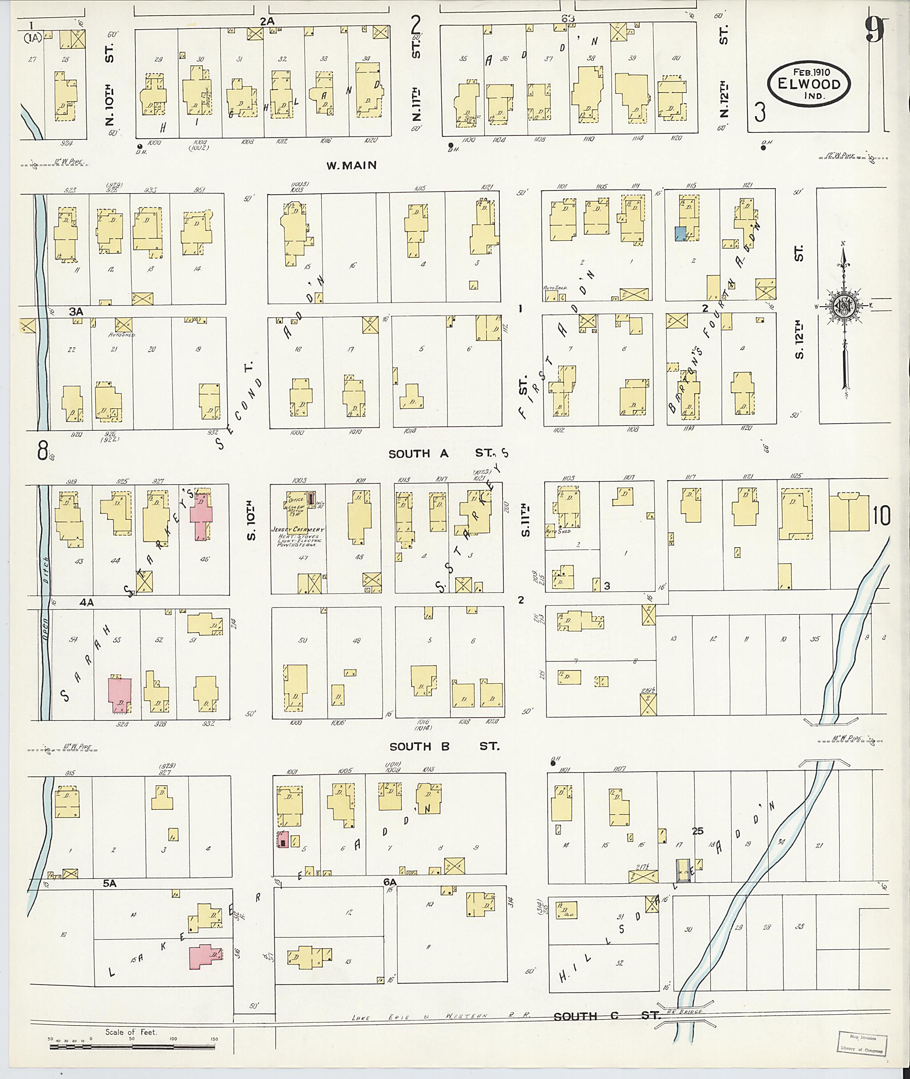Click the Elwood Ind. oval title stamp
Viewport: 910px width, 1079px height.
click(x=808, y=84)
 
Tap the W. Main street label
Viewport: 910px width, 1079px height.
click(x=351, y=166)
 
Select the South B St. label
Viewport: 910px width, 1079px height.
click(x=444, y=746)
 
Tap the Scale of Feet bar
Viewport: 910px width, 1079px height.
click(x=133, y=1047)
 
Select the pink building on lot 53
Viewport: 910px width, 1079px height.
click(x=120, y=696)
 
